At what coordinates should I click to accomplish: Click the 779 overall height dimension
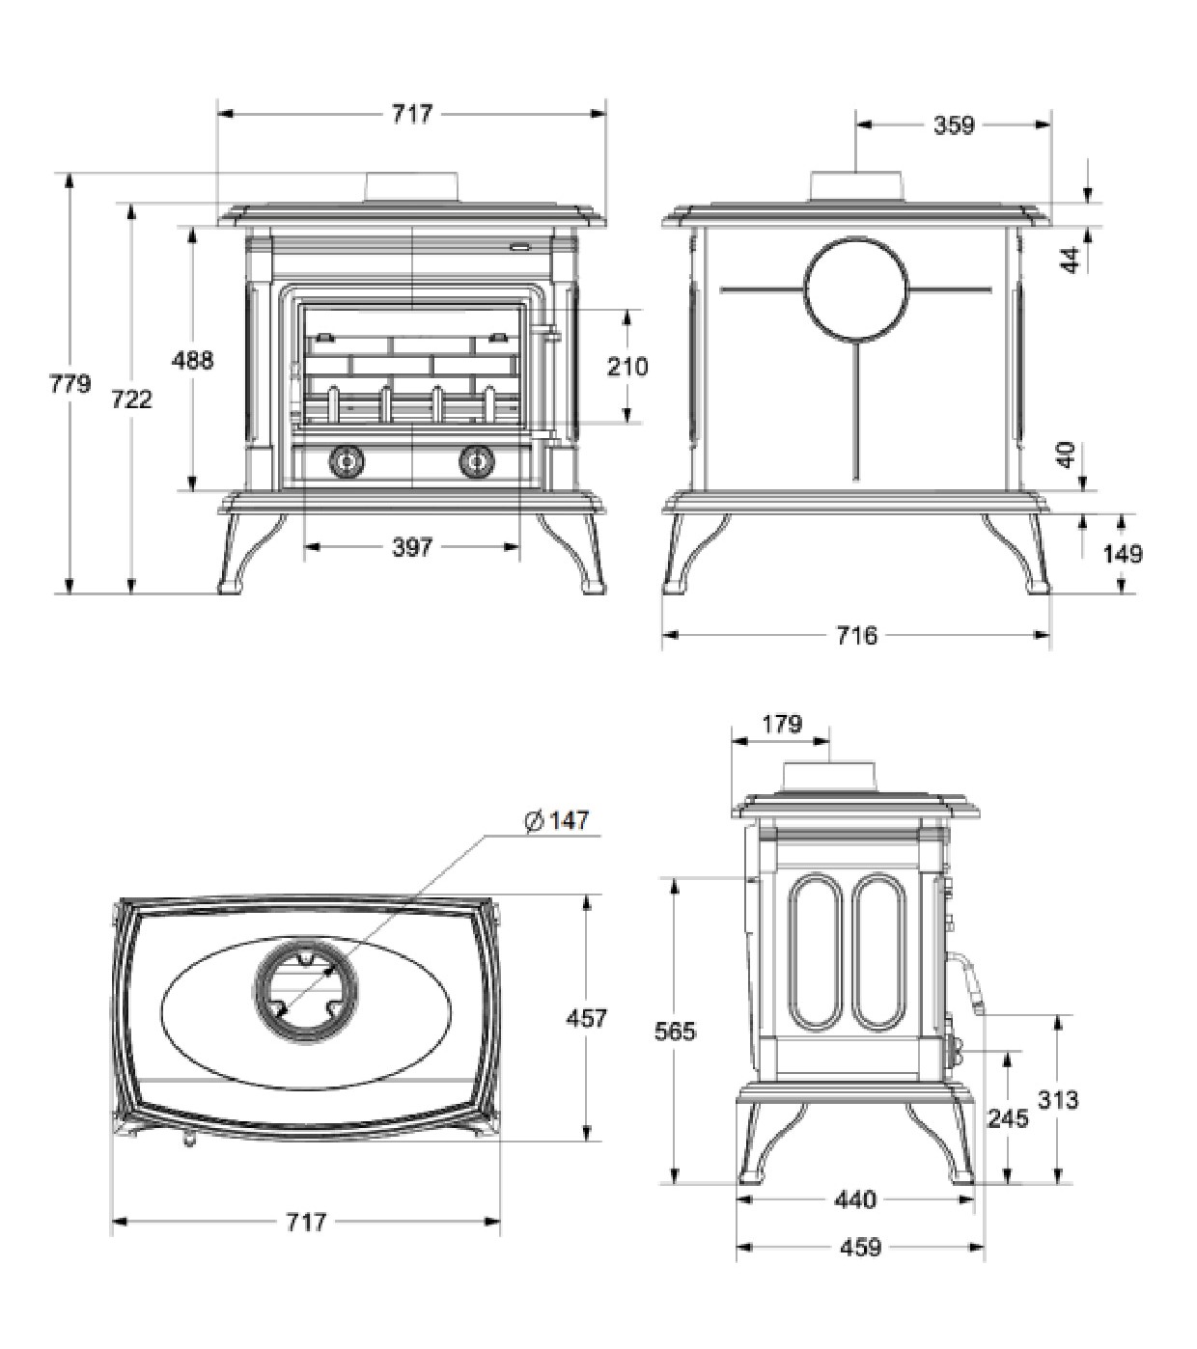[x=70, y=384]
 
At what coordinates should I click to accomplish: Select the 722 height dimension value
[x=131, y=399]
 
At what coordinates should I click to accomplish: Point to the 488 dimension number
[x=192, y=360]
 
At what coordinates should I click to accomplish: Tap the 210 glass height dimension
[x=627, y=367]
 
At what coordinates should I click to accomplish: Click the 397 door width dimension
[x=412, y=547]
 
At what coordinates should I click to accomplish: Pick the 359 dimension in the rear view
[x=953, y=124]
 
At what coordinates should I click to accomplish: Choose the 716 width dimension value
[x=856, y=635]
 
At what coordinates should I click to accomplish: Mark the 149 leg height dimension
[x=1123, y=553]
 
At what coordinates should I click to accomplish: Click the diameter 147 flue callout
[x=556, y=819]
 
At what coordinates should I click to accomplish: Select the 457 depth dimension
[x=586, y=1018]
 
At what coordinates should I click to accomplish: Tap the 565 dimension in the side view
[x=675, y=1032]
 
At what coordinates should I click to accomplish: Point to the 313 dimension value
[x=1057, y=1099]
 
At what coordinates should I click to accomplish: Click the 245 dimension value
[x=1007, y=1118]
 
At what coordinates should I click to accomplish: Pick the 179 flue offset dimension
[x=781, y=723]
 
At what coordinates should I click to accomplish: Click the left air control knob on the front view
[x=346, y=461]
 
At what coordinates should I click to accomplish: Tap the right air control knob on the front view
[x=476, y=461]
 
